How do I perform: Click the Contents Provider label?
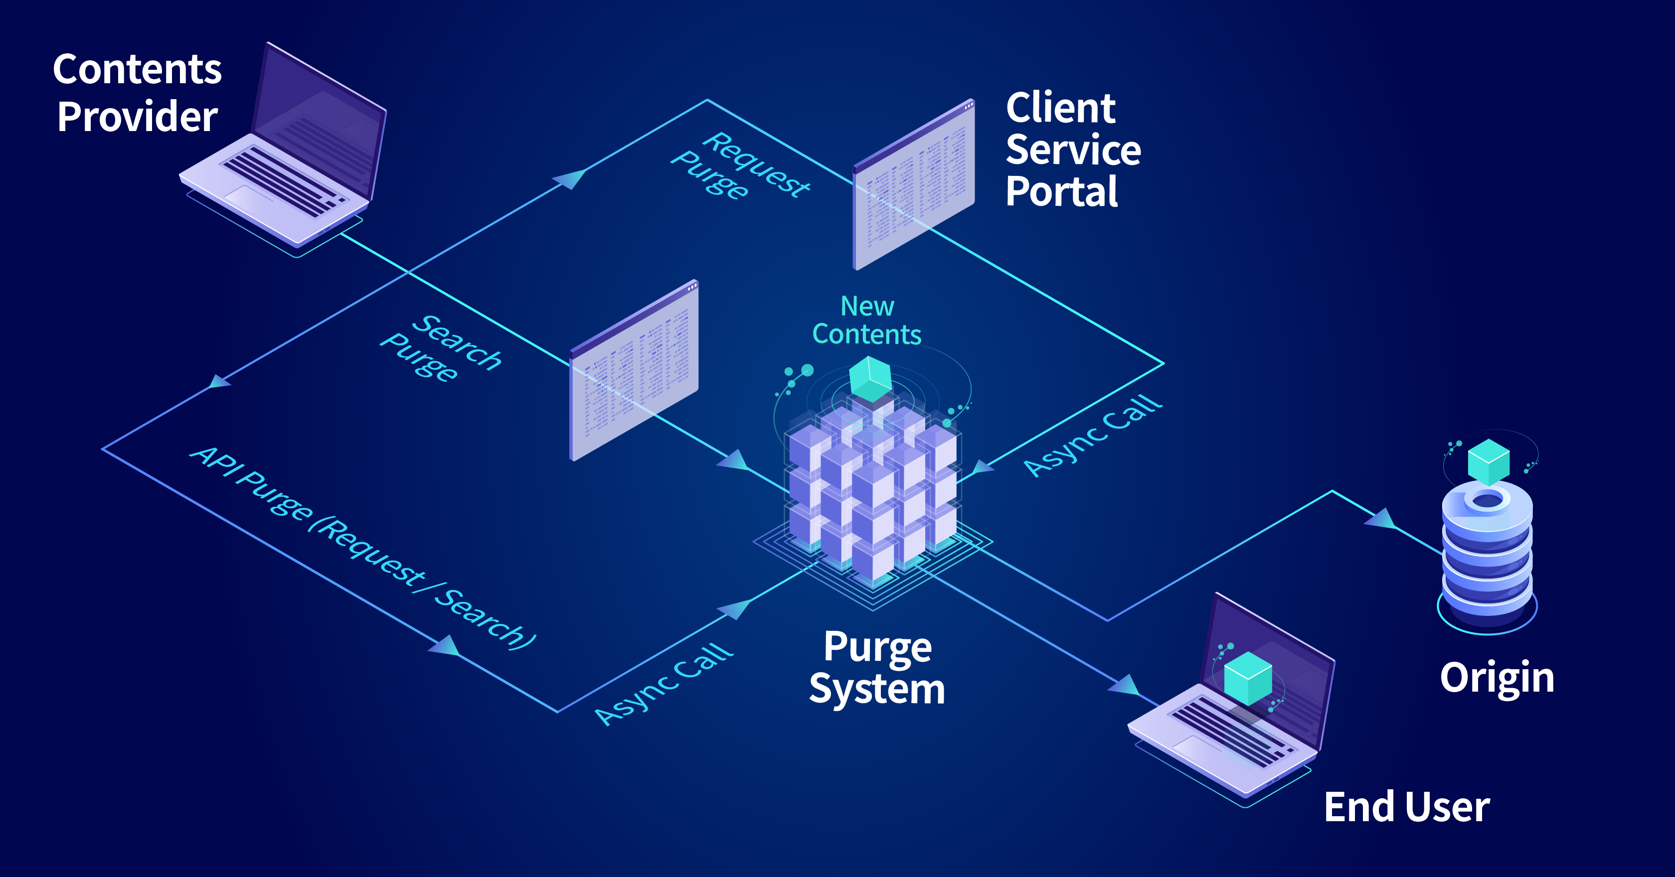click(137, 92)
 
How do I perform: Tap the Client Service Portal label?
click(1073, 149)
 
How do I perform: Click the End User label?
click(1406, 807)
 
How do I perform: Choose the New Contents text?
click(867, 320)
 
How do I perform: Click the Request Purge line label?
click(741, 166)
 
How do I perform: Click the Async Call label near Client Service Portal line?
click(1092, 436)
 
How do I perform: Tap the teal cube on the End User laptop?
click(1248, 678)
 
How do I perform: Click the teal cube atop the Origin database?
click(1489, 461)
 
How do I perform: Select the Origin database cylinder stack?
click(1487, 553)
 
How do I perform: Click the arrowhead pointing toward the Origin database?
click(1380, 518)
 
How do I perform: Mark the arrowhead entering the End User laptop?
click(1123, 685)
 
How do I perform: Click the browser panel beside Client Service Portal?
click(914, 185)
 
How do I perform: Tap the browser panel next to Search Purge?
click(634, 371)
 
